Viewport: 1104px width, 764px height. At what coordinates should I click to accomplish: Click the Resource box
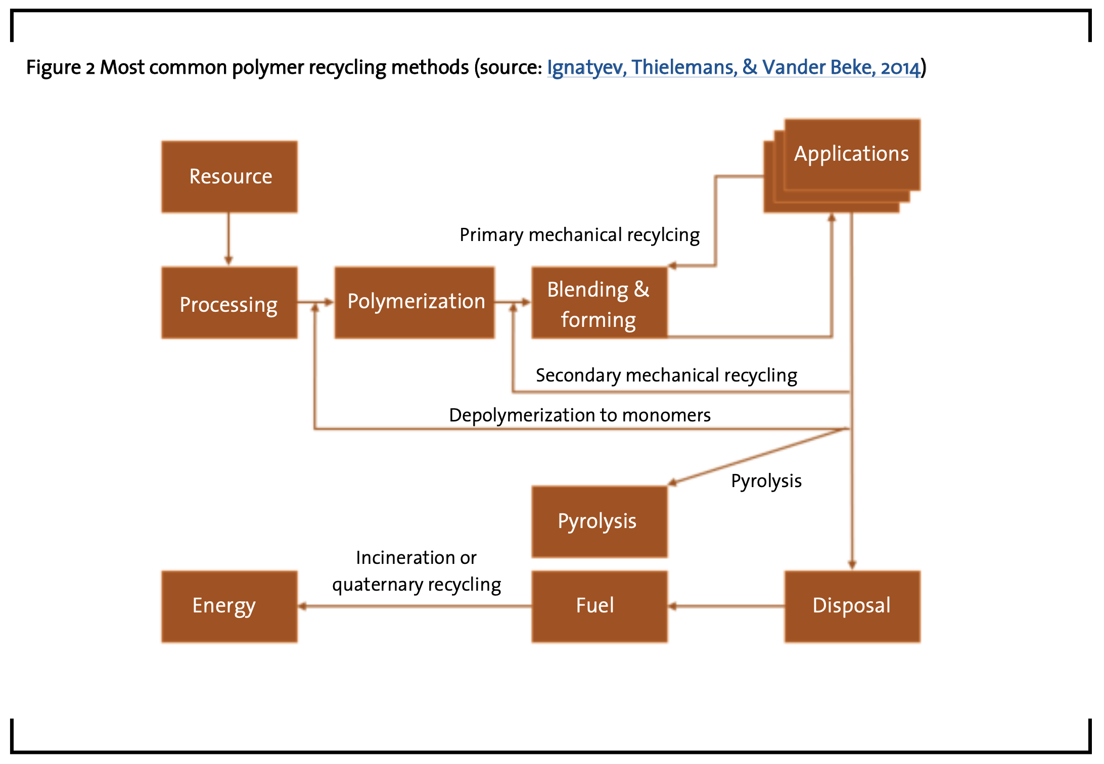point(229,177)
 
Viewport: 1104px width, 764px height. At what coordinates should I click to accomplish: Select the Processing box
point(229,303)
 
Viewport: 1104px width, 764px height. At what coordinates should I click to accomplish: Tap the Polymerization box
point(415,303)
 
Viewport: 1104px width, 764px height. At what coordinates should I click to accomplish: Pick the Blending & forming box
point(600,303)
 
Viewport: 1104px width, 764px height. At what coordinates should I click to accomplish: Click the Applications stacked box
point(842,166)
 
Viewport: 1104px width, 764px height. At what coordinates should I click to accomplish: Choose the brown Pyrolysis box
point(600,521)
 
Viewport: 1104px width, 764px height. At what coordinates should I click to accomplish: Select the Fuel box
point(600,606)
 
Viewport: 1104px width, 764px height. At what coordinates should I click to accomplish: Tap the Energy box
point(229,606)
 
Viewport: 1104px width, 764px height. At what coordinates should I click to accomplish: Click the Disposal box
point(852,606)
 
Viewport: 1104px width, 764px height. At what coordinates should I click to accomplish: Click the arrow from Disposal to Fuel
point(726,606)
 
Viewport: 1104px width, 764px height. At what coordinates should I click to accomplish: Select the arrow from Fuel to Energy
point(415,606)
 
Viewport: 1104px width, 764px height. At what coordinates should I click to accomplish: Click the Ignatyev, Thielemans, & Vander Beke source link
point(733,67)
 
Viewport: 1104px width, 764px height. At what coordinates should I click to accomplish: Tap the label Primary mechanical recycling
point(579,235)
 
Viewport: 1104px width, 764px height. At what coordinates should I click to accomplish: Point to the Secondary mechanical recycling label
point(666,376)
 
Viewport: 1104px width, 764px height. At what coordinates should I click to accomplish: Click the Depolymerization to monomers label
point(580,415)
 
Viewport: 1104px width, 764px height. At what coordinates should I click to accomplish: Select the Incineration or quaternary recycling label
point(417,571)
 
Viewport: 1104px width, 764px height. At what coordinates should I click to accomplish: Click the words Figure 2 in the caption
point(61,67)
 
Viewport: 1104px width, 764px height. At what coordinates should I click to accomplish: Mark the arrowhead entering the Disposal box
point(852,565)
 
